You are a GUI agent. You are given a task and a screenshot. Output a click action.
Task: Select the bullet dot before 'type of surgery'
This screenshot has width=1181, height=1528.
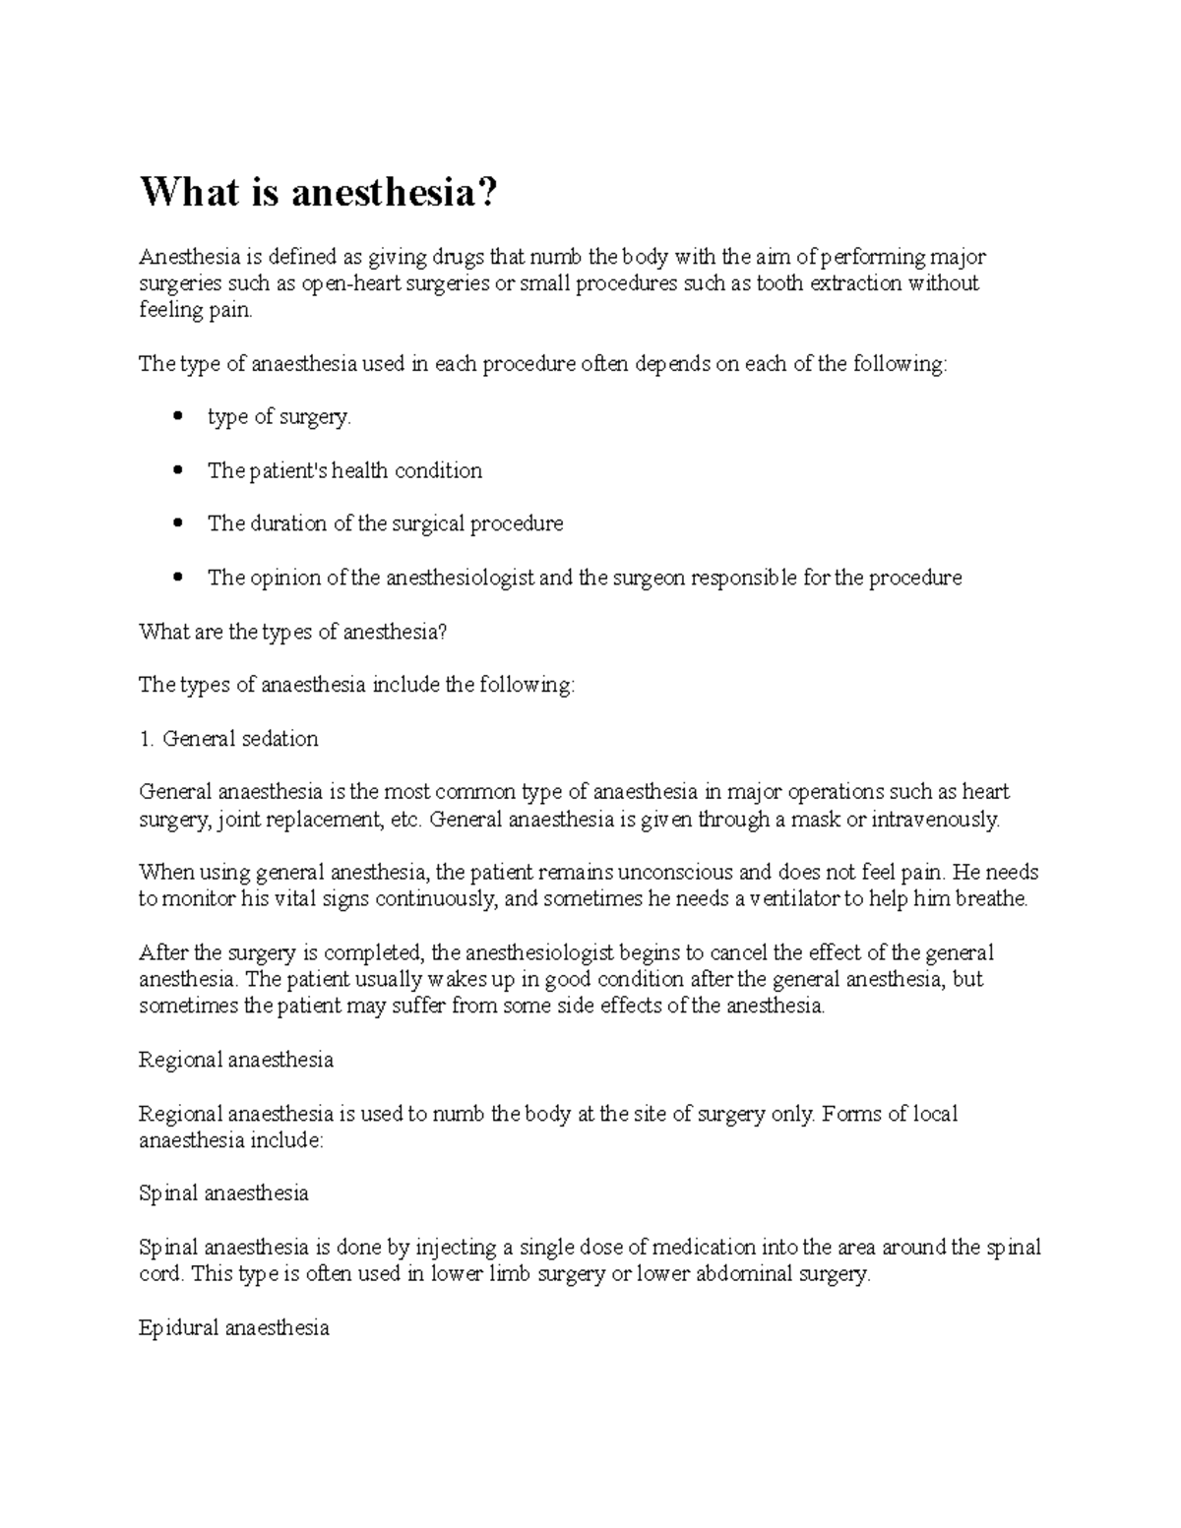point(177,417)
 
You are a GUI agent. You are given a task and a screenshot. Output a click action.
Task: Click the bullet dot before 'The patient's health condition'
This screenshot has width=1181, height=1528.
point(177,470)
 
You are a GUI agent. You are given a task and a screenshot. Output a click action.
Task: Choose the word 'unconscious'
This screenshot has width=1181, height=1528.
point(672,872)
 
